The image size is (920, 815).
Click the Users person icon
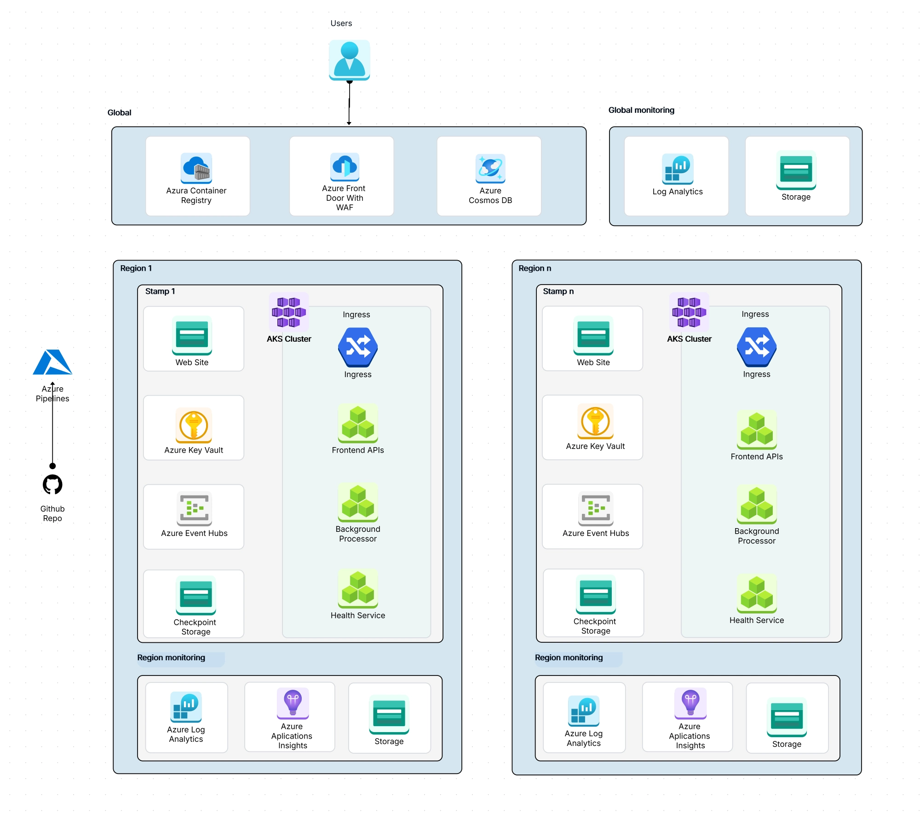(x=349, y=60)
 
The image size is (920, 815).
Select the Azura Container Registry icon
(x=196, y=168)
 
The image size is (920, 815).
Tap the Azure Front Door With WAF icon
(x=345, y=167)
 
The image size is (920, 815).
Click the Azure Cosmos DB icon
(x=490, y=168)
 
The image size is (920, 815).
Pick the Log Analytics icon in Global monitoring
(x=677, y=169)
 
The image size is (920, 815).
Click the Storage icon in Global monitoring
(x=796, y=169)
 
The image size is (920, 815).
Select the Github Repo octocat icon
(x=52, y=484)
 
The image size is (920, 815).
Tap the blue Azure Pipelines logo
(x=52, y=362)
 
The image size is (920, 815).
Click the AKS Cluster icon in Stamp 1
(x=289, y=312)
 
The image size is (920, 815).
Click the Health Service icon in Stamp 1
(x=358, y=588)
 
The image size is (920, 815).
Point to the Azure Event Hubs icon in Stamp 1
(x=194, y=508)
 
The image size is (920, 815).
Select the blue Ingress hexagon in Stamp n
(x=756, y=347)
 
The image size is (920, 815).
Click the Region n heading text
(x=535, y=268)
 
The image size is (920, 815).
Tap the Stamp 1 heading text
(x=160, y=291)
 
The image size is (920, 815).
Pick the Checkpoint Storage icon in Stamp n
(x=595, y=594)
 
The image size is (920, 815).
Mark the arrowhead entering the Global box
(x=349, y=123)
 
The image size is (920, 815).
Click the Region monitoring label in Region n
(x=569, y=658)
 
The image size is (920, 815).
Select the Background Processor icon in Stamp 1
(x=358, y=502)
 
